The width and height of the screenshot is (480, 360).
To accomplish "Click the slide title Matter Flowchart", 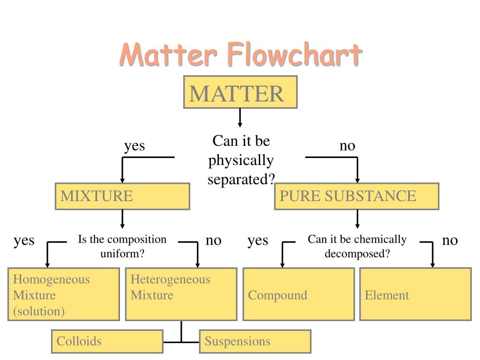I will [240, 54].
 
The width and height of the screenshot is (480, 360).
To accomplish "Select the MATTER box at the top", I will [240, 92].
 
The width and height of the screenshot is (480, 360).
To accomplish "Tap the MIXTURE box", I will [122, 196].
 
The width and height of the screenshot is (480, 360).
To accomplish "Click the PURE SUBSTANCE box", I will [357, 196].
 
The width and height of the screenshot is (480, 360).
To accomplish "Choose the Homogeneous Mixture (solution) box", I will [64, 294].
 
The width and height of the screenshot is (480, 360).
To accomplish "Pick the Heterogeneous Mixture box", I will [181, 294].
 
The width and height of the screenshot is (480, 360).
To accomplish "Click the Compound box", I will [299, 294].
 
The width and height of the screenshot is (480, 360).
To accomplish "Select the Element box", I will [415, 294].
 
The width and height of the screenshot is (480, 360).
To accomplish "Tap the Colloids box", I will [107, 341].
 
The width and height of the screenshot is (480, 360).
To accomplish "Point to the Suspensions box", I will [255, 341].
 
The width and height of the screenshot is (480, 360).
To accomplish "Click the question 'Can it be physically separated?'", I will [240, 160].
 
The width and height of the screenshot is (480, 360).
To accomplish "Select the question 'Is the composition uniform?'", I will [122, 246].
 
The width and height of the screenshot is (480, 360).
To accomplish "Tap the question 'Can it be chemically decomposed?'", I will [357, 246].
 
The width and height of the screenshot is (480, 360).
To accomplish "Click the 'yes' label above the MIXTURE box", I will [135, 146].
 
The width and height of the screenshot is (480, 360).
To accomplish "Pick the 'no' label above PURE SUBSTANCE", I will [347, 146].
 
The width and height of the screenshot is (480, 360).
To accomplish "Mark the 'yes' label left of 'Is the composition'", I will [24, 240].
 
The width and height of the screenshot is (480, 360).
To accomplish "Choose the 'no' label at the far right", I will [450, 240].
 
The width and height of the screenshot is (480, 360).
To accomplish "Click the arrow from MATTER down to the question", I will [240, 118].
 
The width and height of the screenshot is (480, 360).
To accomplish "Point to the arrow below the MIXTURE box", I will [122, 219].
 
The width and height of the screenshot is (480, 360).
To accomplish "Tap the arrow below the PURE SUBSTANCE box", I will [358, 219].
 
